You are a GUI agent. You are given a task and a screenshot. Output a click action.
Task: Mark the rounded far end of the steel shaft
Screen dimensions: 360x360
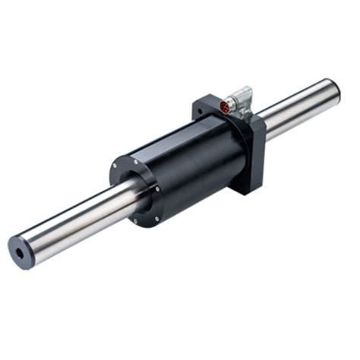point(332,87)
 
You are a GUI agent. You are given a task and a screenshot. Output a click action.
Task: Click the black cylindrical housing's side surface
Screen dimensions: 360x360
point(190,163)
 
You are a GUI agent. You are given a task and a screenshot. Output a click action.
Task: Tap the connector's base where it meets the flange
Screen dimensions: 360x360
point(235,115)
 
